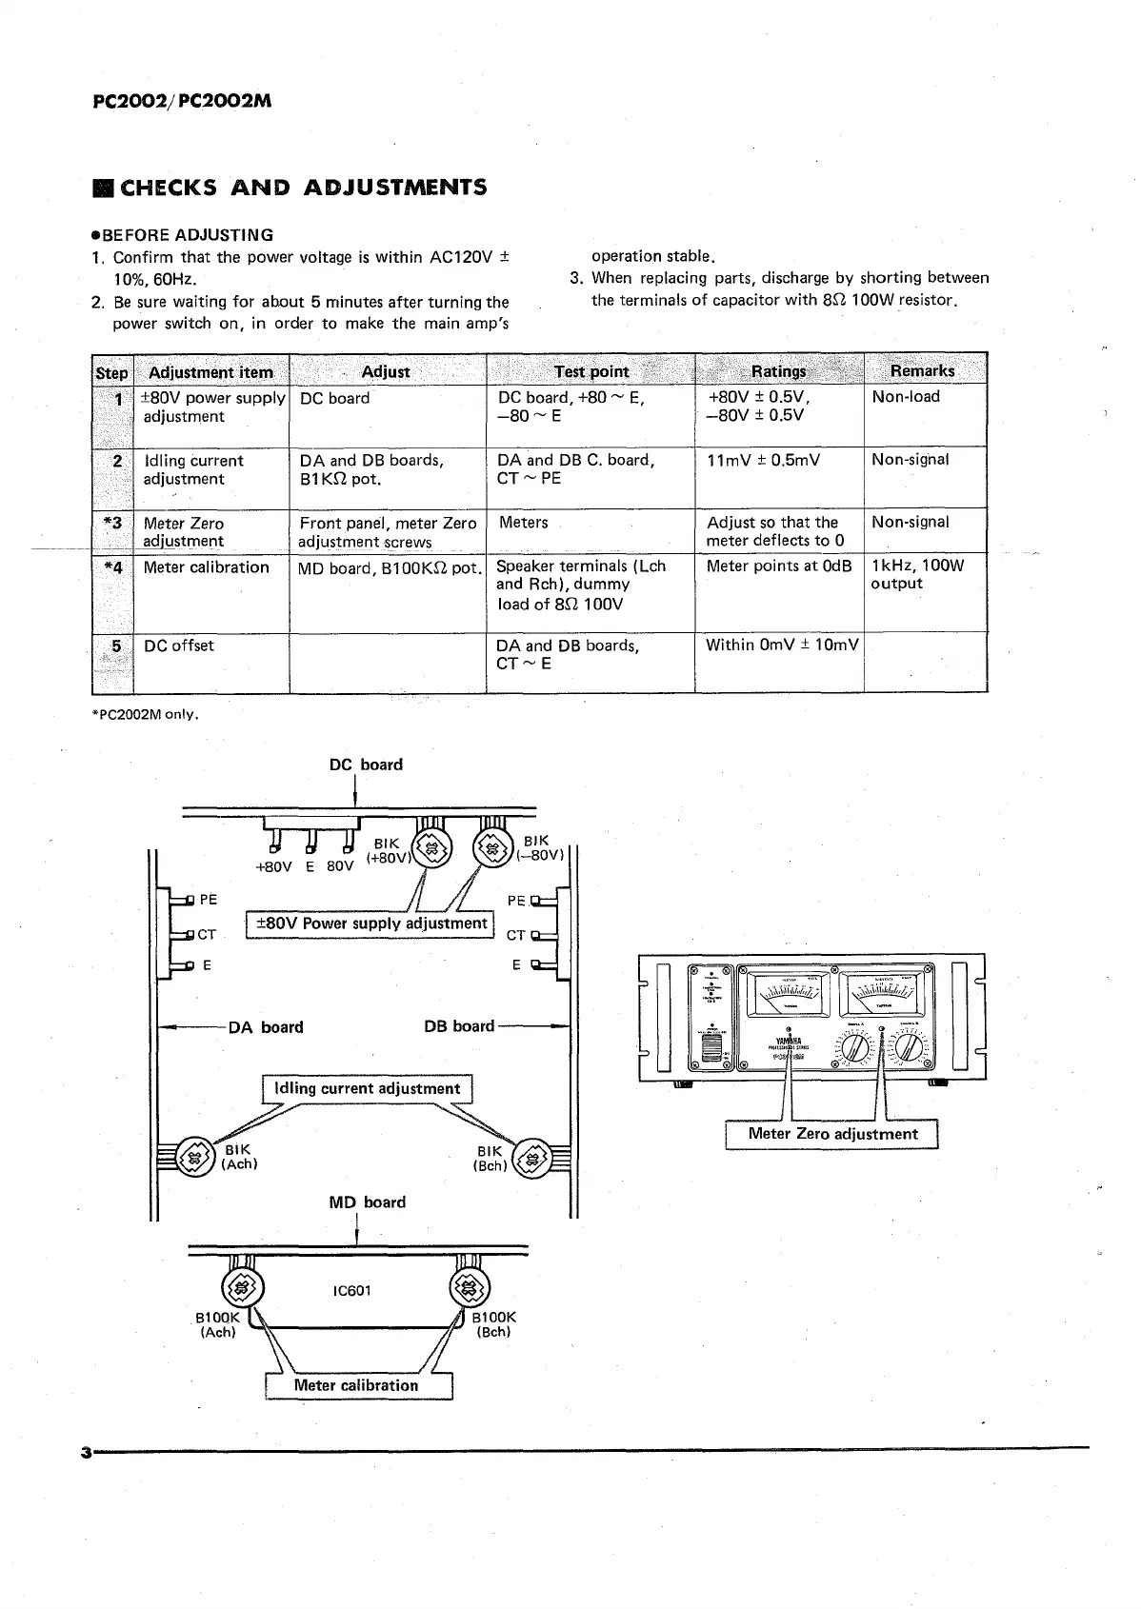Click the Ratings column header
778,371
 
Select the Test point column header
591,371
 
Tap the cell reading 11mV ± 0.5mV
763,461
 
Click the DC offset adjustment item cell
179,646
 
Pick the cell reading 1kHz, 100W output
917,575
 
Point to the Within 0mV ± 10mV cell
781,646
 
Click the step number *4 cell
112,567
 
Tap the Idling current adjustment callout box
367,1088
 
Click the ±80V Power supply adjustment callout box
368,924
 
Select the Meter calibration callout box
356,1385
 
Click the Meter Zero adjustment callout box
832,1134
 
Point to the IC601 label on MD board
352,1291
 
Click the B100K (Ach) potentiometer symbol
242,1289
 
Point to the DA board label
266,1027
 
